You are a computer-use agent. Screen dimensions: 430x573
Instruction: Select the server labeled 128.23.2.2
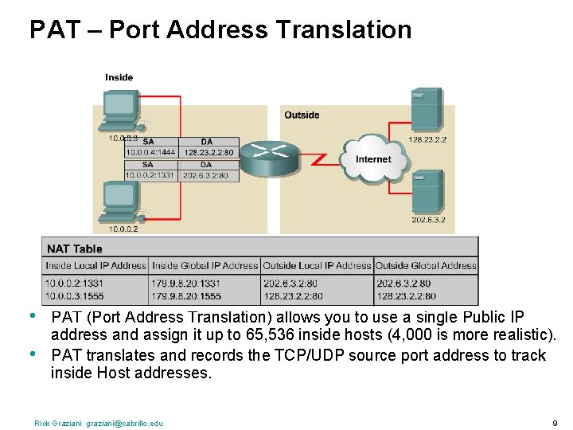426,110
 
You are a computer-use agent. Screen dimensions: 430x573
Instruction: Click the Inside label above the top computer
119,77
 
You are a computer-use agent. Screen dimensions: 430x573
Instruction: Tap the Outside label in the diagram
302,115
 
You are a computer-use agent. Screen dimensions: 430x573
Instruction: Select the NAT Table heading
75,248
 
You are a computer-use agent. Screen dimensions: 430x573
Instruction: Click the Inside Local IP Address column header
95,265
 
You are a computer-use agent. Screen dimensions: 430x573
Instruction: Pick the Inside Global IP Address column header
205,265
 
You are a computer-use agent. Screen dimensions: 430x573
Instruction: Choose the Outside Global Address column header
426,265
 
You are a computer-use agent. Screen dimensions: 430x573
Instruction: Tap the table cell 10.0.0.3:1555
74,295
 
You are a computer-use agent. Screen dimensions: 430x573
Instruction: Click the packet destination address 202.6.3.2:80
205,175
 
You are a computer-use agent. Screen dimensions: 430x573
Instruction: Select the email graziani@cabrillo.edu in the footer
124,423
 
